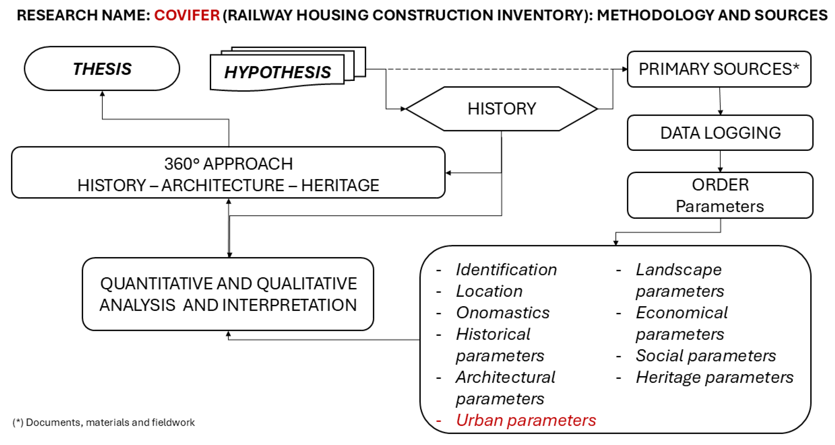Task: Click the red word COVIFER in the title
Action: click(187, 15)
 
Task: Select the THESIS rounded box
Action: click(102, 69)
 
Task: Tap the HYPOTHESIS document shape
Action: click(278, 72)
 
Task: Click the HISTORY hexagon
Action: click(501, 109)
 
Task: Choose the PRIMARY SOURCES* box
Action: click(719, 69)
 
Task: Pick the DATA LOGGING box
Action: click(720, 133)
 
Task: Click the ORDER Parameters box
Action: click(720, 195)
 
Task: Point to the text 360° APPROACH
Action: click(228, 164)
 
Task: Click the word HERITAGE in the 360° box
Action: click(340, 185)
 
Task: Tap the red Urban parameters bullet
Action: click(526, 420)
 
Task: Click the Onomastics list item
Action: click(502, 313)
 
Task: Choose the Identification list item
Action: click(506, 269)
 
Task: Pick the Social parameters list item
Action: click(705, 356)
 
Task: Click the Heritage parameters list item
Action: click(714, 377)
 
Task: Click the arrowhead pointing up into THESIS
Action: click(103, 94)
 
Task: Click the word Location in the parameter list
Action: click(489, 291)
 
